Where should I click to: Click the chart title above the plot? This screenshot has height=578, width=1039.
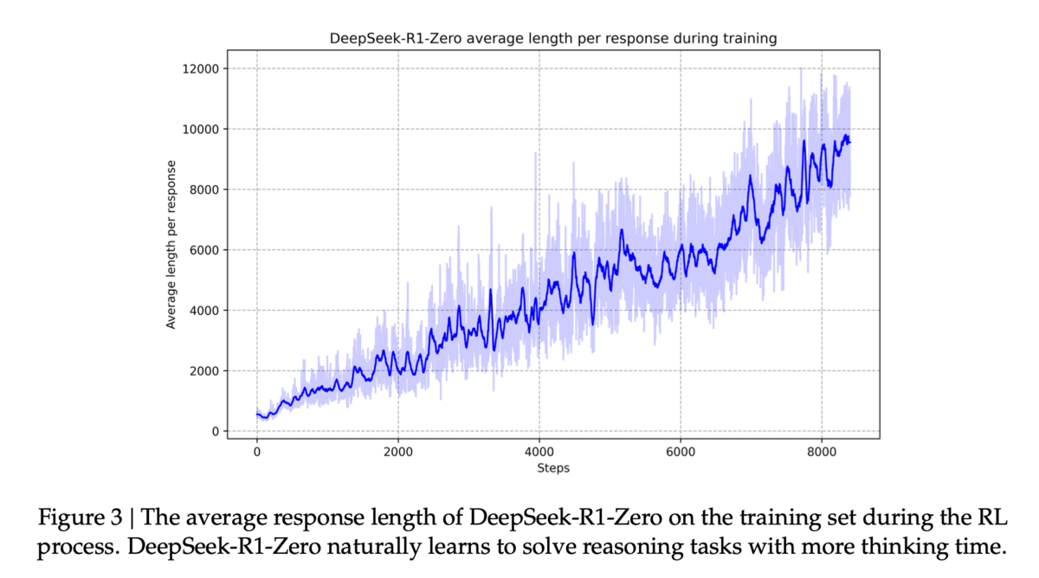[553, 38]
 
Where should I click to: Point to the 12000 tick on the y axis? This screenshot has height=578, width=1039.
[200, 69]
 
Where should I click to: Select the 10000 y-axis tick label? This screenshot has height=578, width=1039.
[200, 129]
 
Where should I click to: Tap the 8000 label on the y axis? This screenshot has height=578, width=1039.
[204, 189]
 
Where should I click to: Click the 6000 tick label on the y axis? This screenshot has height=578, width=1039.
[204, 250]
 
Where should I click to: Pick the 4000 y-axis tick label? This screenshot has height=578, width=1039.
[204, 311]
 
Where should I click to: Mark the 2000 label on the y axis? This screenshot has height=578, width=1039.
[204, 371]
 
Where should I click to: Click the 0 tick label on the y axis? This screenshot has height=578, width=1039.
[216, 432]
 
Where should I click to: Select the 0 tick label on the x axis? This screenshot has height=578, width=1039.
[257, 452]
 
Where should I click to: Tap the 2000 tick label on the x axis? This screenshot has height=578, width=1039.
[398, 452]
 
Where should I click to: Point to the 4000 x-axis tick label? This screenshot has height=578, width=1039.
[539, 452]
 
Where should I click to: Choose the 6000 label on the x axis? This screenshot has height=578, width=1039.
[681, 452]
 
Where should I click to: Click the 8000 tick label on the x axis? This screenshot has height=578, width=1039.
[822, 452]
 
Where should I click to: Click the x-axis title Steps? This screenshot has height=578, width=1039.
[553, 468]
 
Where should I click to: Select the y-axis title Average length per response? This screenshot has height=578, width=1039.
[171, 245]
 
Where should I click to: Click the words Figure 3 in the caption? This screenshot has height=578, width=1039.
[80, 517]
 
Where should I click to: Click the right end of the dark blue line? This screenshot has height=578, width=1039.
[850, 142]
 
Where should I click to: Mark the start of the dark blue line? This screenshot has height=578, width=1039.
[257, 414]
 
